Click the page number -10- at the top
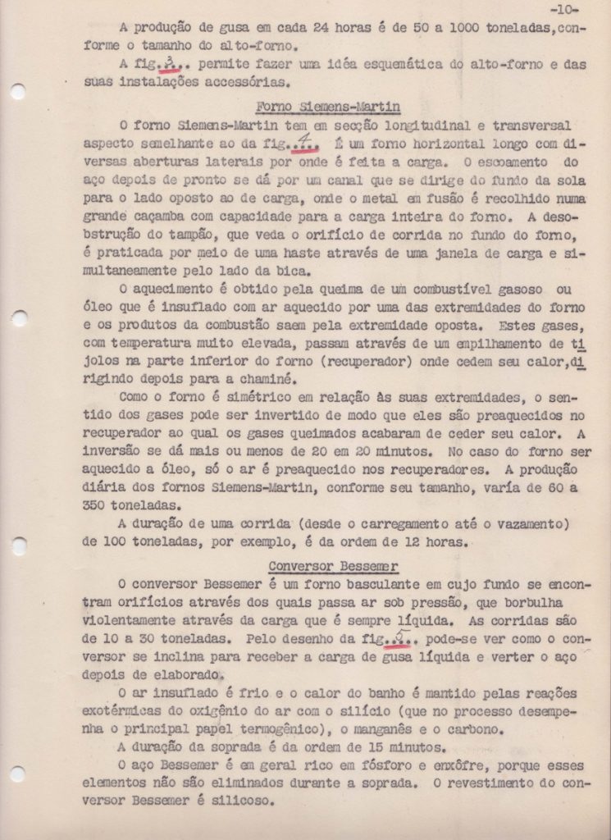[563, 11]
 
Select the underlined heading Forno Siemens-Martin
[328, 106]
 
